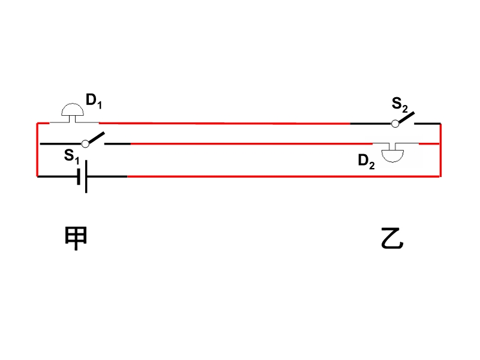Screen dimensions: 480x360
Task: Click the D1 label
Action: click(94, 101)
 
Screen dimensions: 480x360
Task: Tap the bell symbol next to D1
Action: click(73, 112)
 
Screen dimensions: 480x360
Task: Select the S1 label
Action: click(71, 156)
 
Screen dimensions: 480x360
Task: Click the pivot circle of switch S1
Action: click(85, 143)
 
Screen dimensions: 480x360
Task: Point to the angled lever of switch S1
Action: click(97, 137)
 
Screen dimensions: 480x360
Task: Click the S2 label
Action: click(400, 104)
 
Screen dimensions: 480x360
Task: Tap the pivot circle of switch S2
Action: click(395, 124)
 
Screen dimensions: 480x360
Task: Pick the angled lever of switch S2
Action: click(407, 117)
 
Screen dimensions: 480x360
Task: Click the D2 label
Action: click(366, 161)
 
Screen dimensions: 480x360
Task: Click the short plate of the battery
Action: click(79, 176)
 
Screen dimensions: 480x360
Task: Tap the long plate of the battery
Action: click(86, 176)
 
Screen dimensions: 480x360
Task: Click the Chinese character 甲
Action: click(76, 238)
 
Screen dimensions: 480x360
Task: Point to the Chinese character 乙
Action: click(392, 238)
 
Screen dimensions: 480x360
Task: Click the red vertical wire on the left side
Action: click(37, 149)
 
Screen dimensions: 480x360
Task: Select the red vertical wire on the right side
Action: click(440, 150)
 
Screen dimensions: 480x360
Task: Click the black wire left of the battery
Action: click(57, 176)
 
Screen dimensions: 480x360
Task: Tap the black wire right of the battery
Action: click(107, 176)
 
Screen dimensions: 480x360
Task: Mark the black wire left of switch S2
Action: click(371, 124)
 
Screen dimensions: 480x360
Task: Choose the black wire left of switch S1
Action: click(61, 143)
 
